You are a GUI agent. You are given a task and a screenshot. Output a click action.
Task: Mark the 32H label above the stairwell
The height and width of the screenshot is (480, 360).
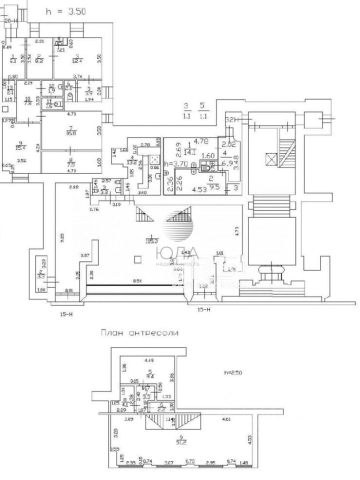pos(230,120)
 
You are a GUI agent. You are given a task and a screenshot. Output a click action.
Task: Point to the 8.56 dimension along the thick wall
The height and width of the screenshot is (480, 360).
pos(136,281)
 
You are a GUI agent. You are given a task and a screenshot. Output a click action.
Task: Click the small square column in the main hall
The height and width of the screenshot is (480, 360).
pos(138,258)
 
